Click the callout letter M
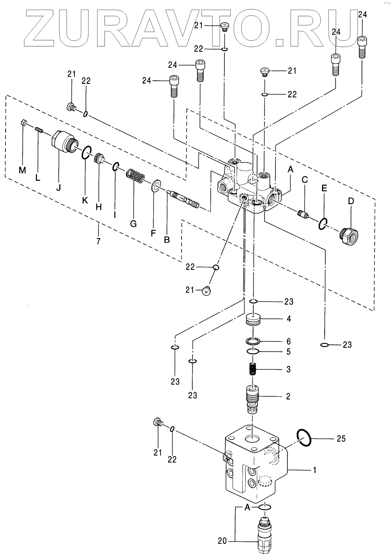(x=22, y=170)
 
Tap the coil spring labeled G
(x=135, y=176)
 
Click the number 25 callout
(x=341, y=439)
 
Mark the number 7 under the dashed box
(x=98, y=241)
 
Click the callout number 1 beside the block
(x=314, y=470)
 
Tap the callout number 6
(x=288, y=341)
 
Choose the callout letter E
(x=324, y=188)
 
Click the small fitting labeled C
(x=303, y=214)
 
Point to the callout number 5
(x=288, y=352)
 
